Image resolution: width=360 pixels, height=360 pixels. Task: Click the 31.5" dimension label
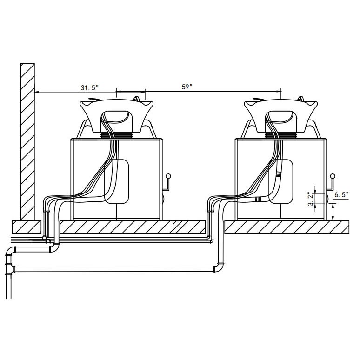click(89, 87)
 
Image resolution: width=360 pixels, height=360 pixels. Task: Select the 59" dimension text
click(187, 87)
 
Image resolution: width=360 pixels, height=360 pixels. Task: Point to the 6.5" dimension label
click(341, 195)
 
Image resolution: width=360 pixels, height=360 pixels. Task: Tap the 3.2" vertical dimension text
click(311, 200)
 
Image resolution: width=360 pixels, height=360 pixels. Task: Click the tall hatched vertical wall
click(27, 142)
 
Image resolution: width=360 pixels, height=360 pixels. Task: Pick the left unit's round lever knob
click(168, 176)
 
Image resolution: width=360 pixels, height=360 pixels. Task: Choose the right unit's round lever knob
click(333, 176)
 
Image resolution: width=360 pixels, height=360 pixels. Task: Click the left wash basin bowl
click(116, 116)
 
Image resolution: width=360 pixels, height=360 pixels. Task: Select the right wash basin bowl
click(281, 116)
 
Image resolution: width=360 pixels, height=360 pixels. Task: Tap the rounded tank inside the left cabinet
click(117, 181)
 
